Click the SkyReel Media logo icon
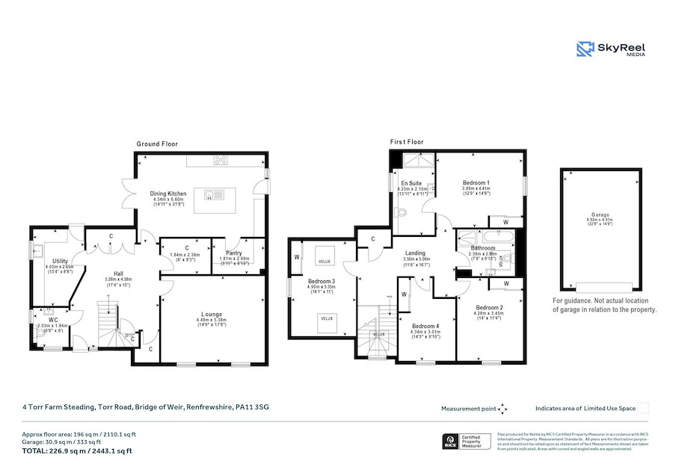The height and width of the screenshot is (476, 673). [586, 49]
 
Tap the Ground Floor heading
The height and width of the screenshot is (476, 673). [157, 143]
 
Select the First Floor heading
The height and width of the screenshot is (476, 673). [407, 141]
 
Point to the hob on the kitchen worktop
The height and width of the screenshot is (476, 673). [221, 159]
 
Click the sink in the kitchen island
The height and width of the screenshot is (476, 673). [209, 194]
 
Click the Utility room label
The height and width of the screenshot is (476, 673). [61, 261]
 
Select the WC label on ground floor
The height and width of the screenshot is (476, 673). [53, 320]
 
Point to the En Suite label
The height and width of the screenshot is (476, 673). [411, 183]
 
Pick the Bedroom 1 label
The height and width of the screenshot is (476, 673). [476, 183]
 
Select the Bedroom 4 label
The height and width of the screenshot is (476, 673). [425, 325]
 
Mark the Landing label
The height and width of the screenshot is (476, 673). [415, 253]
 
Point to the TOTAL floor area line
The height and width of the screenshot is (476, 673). [78, 451]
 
